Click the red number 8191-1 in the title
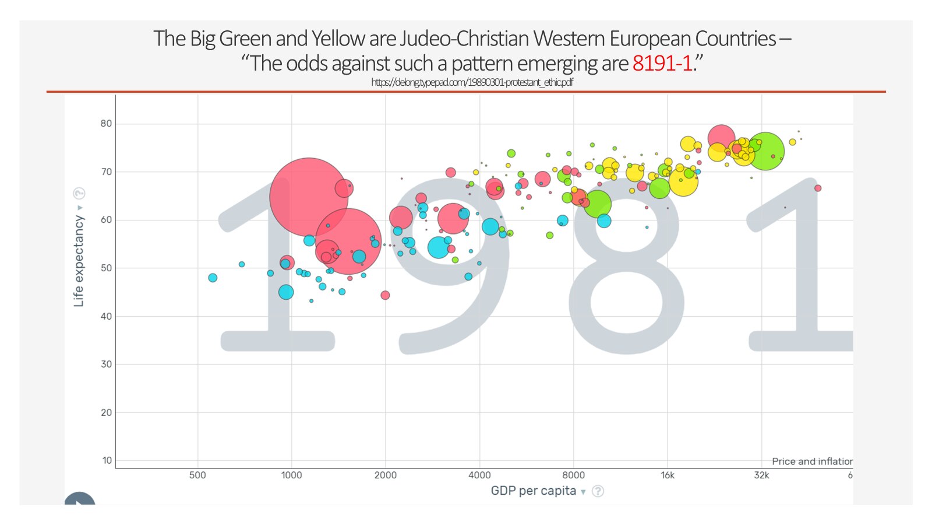[x=662, y=63]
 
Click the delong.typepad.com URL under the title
[x=472, y=82]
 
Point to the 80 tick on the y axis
[x=106, y=124]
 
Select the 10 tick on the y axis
[x=107, y=460]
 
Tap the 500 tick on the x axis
[x=197, y=475]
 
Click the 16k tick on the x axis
[x=668, y=475]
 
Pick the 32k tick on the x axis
[x=761, y=475]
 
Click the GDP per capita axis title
[x=533, y=491]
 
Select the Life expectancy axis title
[x=79, y=261]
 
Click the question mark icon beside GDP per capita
[x=598, y=491]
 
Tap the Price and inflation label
[x=812, y=461]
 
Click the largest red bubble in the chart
[x=309, y=197]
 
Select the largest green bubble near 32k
[x=765, y=151]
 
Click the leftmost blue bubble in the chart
[x=213, y=278]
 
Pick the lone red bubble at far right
[x=818, y=188]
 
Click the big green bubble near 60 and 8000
[x=598, y=204]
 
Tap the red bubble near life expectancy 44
[x=385, y=295]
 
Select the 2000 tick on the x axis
[x=385, y=475]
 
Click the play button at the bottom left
[x=80, y=501]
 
